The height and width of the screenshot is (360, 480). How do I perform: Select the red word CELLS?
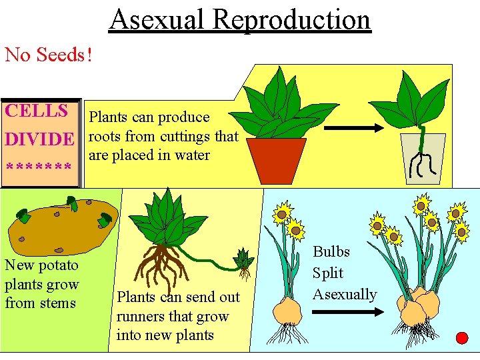[x=37, y=111]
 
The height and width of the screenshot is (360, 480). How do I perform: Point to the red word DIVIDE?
[x=39, y=139]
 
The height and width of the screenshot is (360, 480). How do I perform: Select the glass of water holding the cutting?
[x=422, y=159]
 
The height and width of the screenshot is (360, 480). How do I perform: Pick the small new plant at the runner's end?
[x=244, y=262]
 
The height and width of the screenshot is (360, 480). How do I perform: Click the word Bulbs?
[x=331, y=252]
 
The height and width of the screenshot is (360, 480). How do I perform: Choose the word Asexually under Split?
[x=345, y=294]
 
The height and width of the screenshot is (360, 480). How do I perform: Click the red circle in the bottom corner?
[x=461, y=337]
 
